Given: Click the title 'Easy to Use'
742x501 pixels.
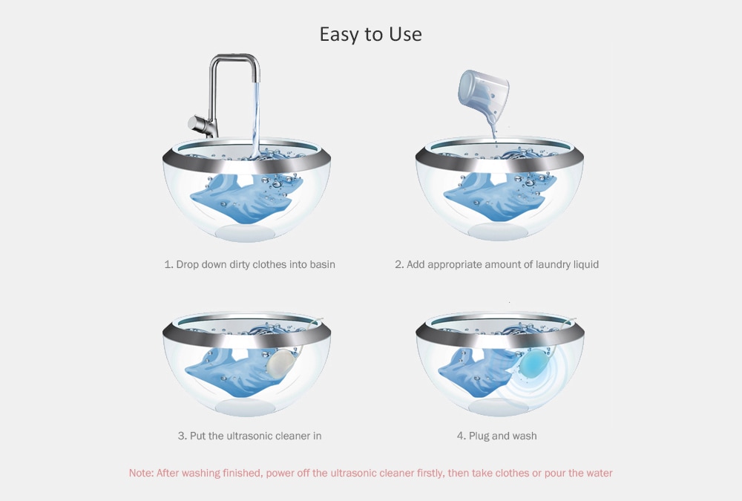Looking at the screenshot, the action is click(370, 34).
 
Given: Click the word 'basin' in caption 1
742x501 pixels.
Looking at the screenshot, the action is click(321, 264).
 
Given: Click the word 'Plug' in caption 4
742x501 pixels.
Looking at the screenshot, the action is click(480, 436).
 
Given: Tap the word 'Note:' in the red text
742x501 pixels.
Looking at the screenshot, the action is click(141, 473).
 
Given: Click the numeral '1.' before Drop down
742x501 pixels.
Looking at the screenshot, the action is click(168, 264).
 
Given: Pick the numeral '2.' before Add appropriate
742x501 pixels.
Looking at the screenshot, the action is click(399, 264).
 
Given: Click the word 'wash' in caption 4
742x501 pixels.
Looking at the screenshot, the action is click(524, 436).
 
